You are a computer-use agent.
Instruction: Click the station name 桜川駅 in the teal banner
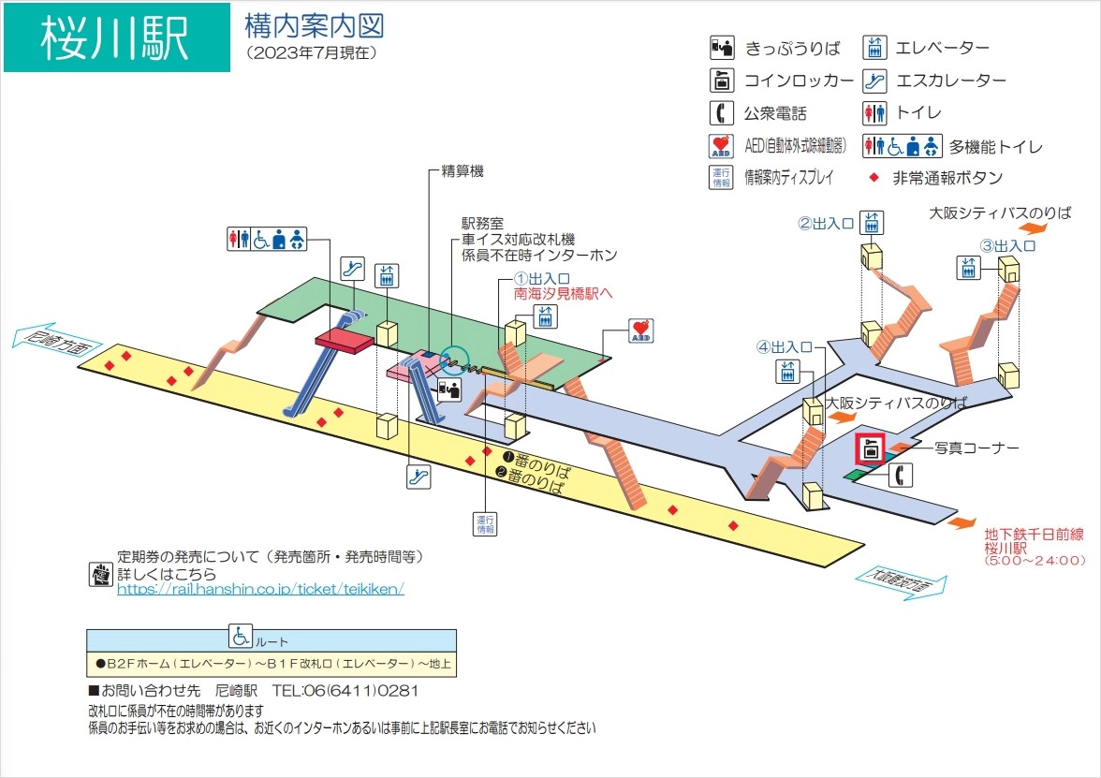point(115,38)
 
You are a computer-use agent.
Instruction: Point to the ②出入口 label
point(826,223)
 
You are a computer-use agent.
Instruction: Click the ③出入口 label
point(1007,245)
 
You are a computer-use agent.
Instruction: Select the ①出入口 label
point(542,279)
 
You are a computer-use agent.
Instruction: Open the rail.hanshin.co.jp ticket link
point(260,590)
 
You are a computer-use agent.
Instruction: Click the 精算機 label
point(462,172)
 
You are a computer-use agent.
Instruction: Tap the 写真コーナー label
point(976,448)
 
